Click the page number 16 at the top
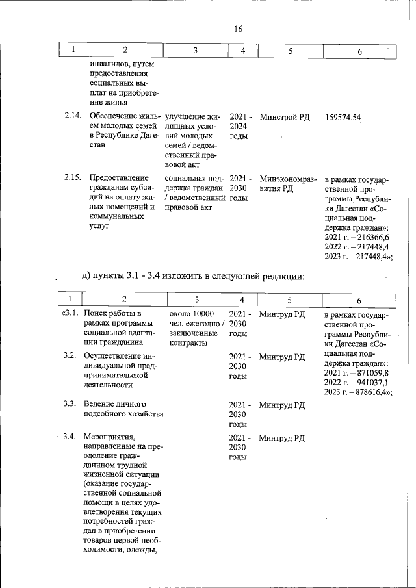coord(237,29)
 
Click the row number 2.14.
coord(73,117)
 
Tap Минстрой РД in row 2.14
coord(284,117)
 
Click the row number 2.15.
coord(73,177)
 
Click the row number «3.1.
coord(70,314)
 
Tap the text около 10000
coord(192,314)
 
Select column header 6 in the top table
coord(359,51)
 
